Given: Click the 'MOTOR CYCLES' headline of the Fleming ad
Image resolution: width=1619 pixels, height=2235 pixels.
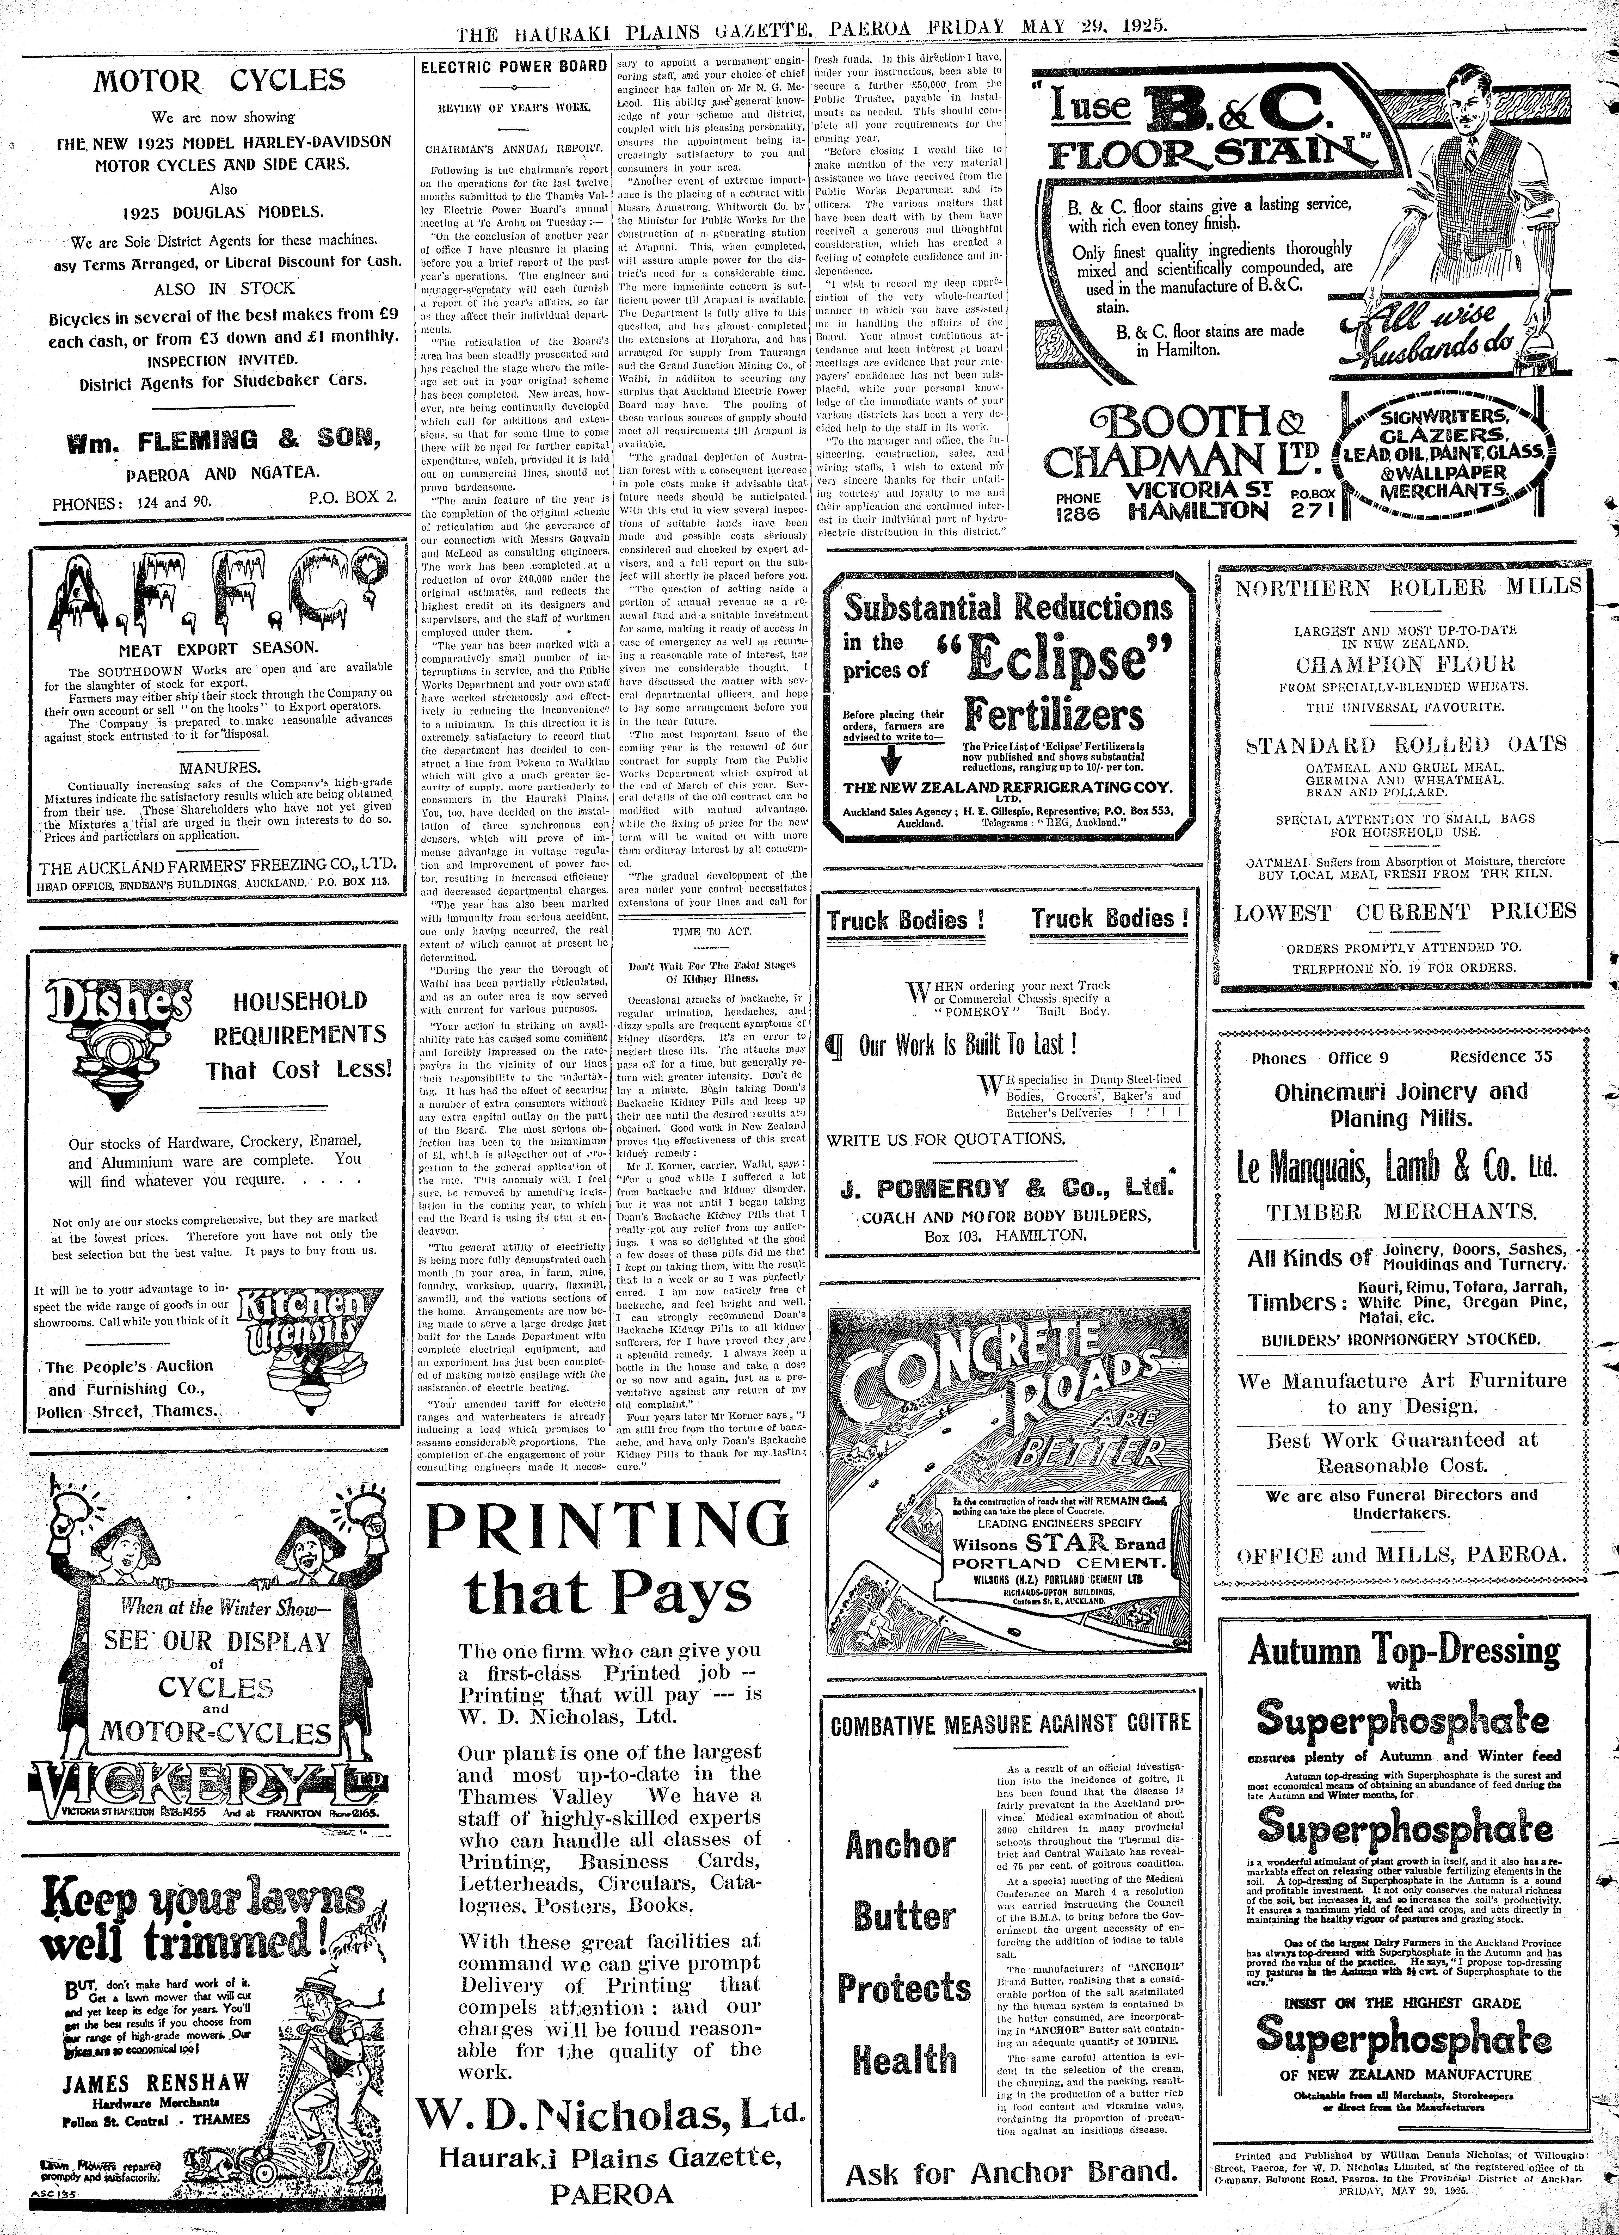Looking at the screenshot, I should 219,81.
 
